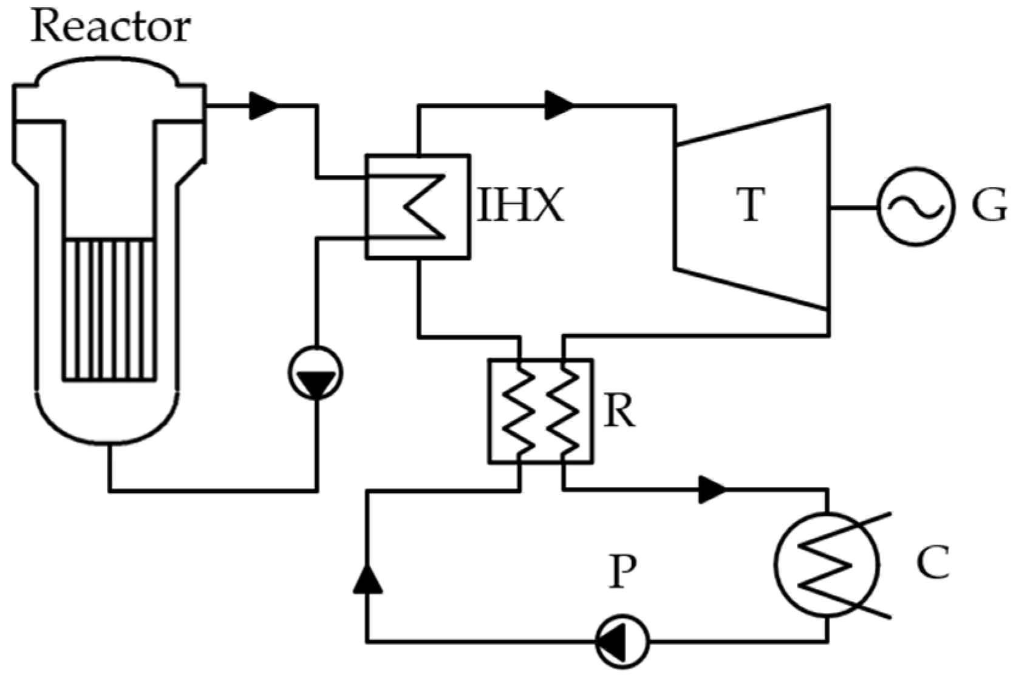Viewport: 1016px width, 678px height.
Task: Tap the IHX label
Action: click(x=520, y=205)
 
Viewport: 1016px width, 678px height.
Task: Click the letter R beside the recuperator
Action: click(x=619, y=412)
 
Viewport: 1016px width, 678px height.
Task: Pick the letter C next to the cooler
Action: click(x=932, y=563)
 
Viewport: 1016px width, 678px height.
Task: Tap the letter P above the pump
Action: click(x=622, y=572)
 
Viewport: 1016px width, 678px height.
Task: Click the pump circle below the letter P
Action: click(x=622, y=640)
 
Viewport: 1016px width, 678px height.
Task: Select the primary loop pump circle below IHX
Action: click(x=315, y=373)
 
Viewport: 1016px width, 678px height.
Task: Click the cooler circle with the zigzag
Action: click(x=827, y=564)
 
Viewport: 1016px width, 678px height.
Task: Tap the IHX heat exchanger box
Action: click(x=417, y=207)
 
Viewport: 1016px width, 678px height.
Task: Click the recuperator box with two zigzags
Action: click(x=540, y=412)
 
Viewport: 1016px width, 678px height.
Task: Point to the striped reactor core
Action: click(x=109, y=310)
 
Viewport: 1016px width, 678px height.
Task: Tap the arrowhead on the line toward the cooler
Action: click(x=712, y=489)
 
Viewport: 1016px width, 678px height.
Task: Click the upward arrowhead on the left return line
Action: click(x=367, y=578)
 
